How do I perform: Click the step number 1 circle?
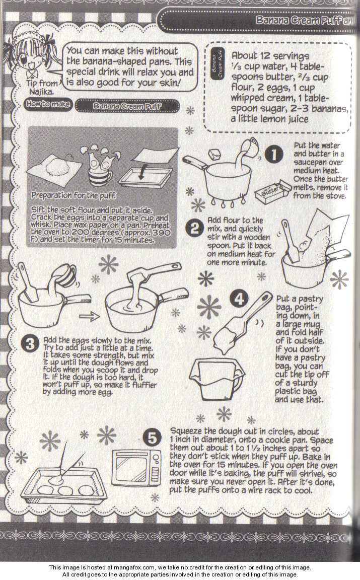click(274, 154)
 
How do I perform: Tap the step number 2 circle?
click(194, 228)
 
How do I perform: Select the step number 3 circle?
click(30, 344)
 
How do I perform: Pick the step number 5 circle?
click(152, 439)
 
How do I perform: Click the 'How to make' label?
click(47, 104)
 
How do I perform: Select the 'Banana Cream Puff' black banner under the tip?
click(127, 106)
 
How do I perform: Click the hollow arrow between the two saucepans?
click(89, 316)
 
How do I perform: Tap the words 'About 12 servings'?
click(270, 56)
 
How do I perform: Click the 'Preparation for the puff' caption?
click(73, 195)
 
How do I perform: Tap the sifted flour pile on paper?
click(56, 169)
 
